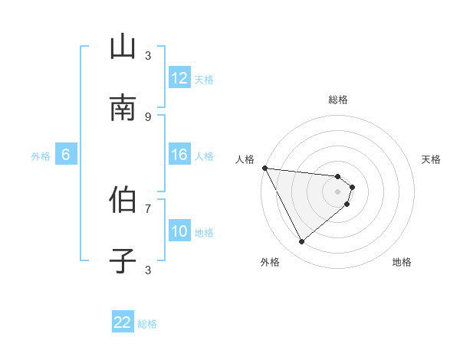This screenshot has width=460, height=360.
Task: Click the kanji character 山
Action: [123, 47]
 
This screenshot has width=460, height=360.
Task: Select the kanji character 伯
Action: [123, 200]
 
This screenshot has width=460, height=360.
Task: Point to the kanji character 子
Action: [123, 261]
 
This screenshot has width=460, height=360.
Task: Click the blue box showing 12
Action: [179, 78]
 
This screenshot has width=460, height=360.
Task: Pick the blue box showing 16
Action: [179, 155]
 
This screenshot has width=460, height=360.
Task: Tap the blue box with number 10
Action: [179, 231]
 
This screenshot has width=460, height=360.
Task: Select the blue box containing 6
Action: [66, 155]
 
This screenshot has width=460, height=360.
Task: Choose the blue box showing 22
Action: [123, 322]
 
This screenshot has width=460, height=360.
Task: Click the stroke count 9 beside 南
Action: [148, 116]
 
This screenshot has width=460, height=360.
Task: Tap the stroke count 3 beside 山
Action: [148, 55]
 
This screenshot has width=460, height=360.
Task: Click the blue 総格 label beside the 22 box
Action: [147, 324]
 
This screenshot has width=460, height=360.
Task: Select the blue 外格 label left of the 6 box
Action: [41, 156]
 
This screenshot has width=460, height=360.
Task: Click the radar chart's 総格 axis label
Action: [338, 100]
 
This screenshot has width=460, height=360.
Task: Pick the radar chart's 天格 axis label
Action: [432, 159]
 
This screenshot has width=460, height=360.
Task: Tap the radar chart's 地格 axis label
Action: [402, 262]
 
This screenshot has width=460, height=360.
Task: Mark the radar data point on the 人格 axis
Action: [264, 168]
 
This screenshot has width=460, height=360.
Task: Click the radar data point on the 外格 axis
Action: [301, 242]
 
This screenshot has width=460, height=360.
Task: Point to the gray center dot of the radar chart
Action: [338, 191]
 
